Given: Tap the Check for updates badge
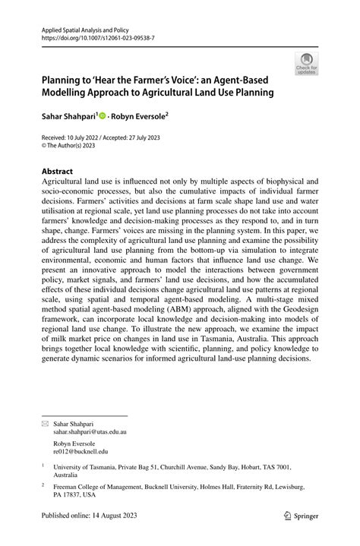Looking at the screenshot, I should (307, 64).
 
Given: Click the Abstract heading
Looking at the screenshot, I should (58, 172).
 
